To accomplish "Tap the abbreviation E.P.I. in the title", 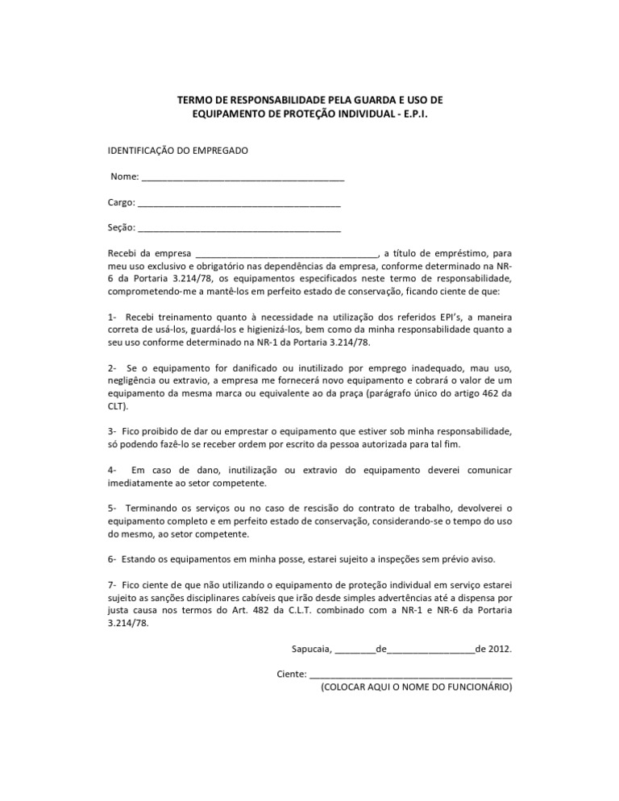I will pos(409,114).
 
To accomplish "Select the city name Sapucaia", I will pos(310,648).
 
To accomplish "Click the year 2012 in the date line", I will pos(501,648).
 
